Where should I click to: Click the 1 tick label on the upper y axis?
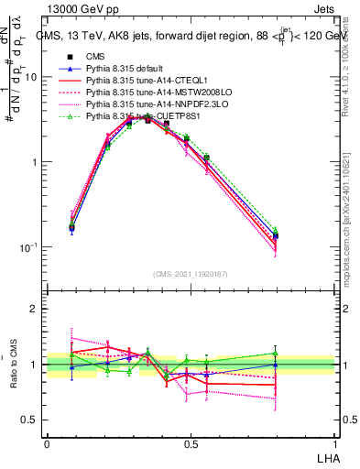(x=36, y=162)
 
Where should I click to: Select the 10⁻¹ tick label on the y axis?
(x=30, y=247)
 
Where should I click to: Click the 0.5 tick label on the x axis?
(x=191, y=444)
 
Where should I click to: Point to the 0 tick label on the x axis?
(x=48, y=444)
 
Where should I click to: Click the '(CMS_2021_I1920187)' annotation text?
(x=191, y=274)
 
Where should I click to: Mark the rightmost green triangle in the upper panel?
(x=276, y=231)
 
